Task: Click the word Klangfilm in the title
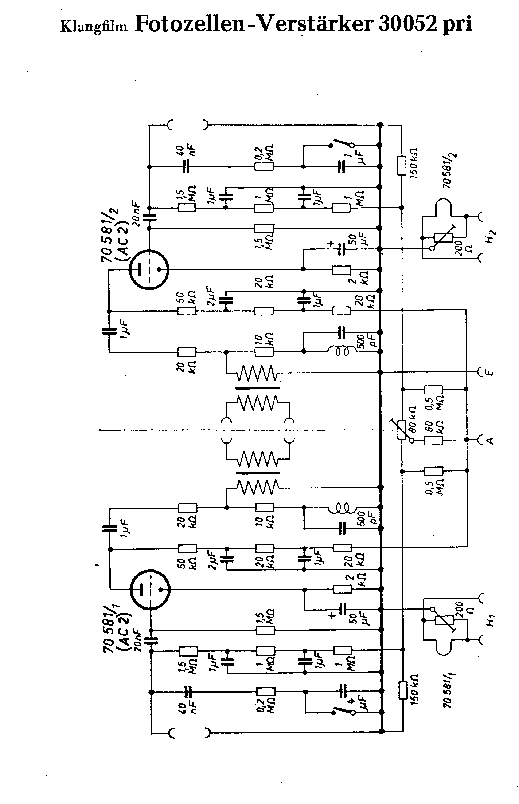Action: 94,27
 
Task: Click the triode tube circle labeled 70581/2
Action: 149,269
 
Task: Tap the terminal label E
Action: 490,372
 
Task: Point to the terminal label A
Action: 490,440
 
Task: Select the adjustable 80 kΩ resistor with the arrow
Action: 402,429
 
